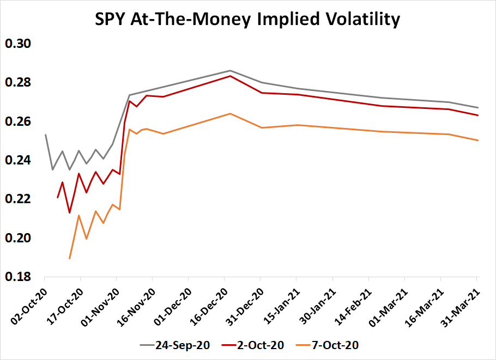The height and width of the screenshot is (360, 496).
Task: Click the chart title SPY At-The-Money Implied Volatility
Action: tap(248, 20)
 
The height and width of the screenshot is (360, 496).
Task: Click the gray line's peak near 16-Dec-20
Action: tap(230, 71)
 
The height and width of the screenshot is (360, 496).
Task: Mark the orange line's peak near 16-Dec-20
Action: tap(230, 113)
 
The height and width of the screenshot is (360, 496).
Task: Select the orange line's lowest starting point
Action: tap(70, 259)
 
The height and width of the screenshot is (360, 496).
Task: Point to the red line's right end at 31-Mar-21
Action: tap(478, 115)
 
